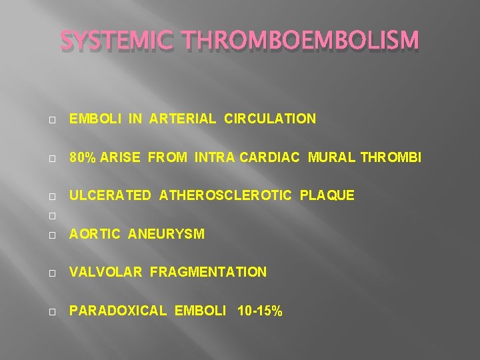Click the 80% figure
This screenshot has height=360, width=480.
tap(83, 157)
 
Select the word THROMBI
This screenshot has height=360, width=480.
tap(391, 157)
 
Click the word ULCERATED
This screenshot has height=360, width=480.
tap(111, 195)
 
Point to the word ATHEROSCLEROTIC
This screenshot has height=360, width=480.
tap(225, 195)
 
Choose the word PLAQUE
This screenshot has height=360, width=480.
tap(327, 195)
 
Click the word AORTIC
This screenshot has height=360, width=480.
tap(95, 234)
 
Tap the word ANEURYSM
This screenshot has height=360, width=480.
tap(166, 234)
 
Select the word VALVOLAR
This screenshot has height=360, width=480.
tap(106, 272)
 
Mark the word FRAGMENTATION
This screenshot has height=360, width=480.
tap(208, 272)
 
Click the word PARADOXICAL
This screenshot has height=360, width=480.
tap(117, 310)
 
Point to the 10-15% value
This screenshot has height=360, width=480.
tap(260, 310)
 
